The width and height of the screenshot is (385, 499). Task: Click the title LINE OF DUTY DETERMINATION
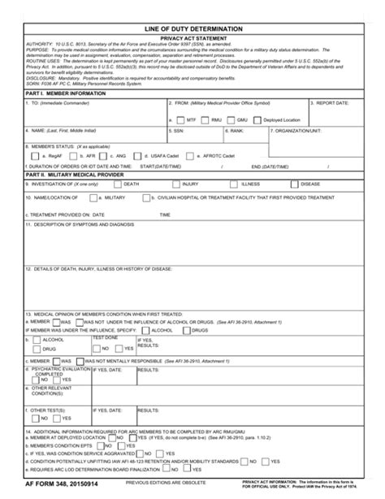pyautogui.click(x=192, y=28)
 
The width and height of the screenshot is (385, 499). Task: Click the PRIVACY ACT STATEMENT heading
pyautogui.click(x=192, y=38)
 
